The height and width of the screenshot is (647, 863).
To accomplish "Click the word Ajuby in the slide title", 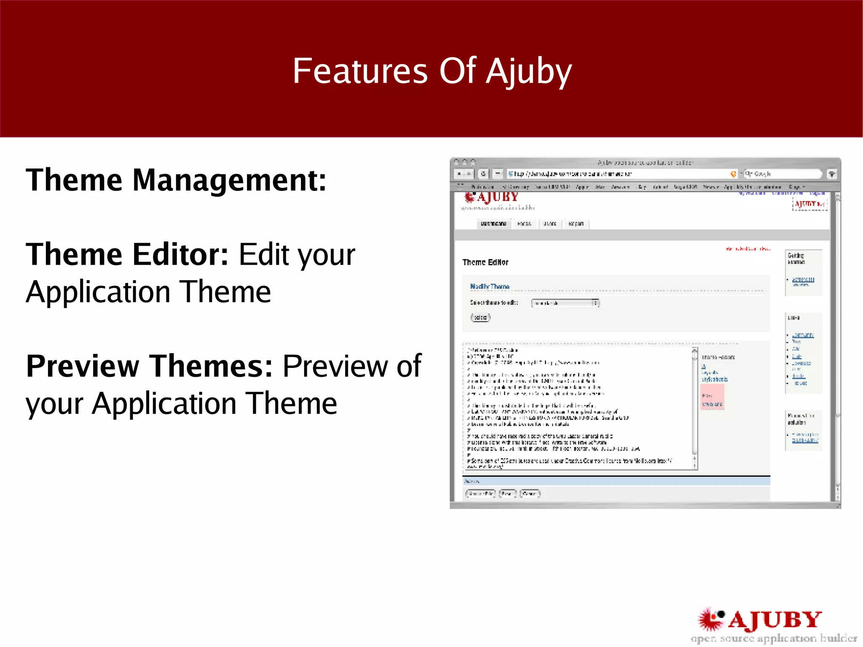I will tap(529, 71).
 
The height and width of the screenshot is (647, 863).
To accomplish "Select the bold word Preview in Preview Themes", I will tap(82, 366).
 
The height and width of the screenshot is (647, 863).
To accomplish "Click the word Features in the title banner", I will tap(360, 71).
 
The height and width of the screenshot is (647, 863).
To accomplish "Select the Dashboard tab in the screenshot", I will tap(493, 224).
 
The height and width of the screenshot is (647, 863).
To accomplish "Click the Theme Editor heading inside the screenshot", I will tap(485, 262).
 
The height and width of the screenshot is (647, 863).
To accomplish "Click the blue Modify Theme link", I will tap(490, 287).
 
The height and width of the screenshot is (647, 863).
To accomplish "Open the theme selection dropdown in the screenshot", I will tap(565, 303).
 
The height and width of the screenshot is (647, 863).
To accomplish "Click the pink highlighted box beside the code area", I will tap(712, 397).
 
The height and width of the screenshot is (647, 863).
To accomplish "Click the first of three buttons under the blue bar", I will tap(480, 494).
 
